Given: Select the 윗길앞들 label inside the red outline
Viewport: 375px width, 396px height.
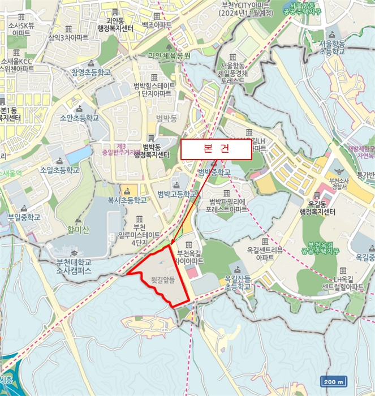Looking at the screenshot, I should (x=162, y=279).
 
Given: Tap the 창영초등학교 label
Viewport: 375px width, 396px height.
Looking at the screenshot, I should (x=90, y=72).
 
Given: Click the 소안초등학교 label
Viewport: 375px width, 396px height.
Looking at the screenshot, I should (x=79, y=118).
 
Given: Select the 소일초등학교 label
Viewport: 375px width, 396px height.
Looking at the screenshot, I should (x=59, y=169).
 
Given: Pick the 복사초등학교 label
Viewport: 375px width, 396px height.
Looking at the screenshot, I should (x=127, y=200).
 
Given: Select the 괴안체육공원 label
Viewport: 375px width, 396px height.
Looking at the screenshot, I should (x=169, y=55).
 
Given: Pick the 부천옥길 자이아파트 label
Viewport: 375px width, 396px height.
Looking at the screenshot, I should (x=190, y=257).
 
